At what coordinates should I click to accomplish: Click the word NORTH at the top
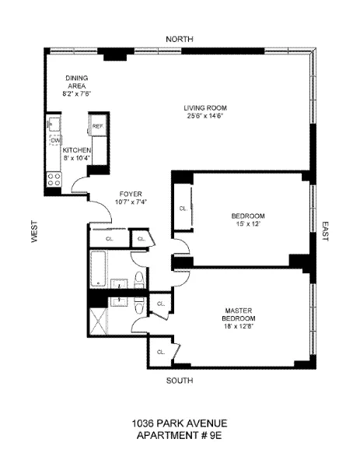coord(180,39)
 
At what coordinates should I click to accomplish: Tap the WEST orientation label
coord(34,231)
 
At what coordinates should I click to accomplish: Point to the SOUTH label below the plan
coord(180,381)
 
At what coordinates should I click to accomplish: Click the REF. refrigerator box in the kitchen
coord(98,126)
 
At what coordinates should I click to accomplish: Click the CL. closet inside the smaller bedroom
coord(183,208)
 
